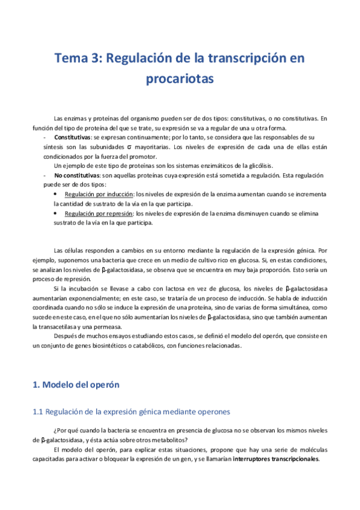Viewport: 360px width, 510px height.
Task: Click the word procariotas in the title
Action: (180, 79)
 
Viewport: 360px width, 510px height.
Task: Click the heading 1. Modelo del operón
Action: (76, 384)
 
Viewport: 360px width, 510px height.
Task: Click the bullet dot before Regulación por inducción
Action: (56, 194)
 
